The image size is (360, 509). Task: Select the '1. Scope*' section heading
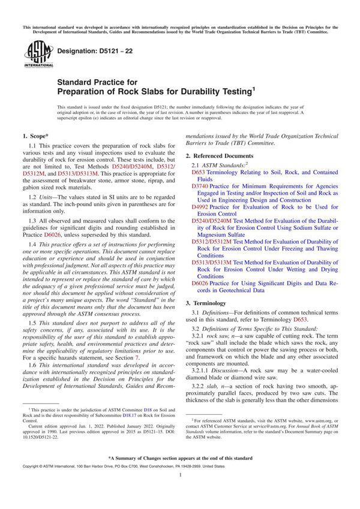tap(38, 137)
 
